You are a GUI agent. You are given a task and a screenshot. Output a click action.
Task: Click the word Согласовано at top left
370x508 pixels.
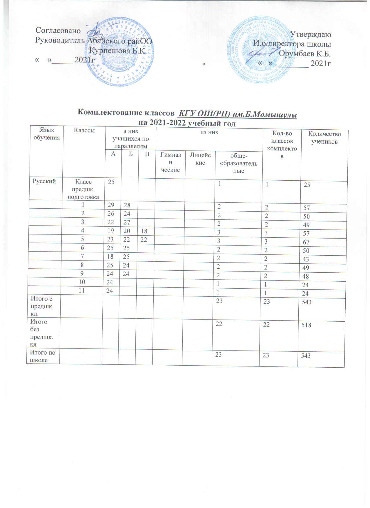coord(58,30)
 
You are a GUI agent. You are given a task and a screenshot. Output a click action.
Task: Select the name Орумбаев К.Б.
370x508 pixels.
coord(305,54)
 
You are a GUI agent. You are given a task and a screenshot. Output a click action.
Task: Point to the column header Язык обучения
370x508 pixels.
coord(47,134)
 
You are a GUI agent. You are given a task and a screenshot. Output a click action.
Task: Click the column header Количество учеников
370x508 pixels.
coord(324,138)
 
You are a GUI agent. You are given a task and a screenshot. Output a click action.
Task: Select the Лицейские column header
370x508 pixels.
coord(200,159)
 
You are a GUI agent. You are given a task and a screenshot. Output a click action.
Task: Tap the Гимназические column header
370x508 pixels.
coord(171,162)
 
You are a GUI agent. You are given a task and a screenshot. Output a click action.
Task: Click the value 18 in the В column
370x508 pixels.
coord(144,233)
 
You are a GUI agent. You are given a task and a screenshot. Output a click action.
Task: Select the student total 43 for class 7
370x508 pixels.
coord(306,259)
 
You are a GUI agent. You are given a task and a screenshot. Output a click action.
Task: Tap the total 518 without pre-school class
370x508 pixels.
coord(306,325)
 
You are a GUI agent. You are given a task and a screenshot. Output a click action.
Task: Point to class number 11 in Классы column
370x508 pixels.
coord(81,290)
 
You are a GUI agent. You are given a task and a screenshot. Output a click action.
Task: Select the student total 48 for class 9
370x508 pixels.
coord(306,276)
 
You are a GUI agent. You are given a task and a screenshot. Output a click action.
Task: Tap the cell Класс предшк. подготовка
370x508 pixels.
coord(83,189)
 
